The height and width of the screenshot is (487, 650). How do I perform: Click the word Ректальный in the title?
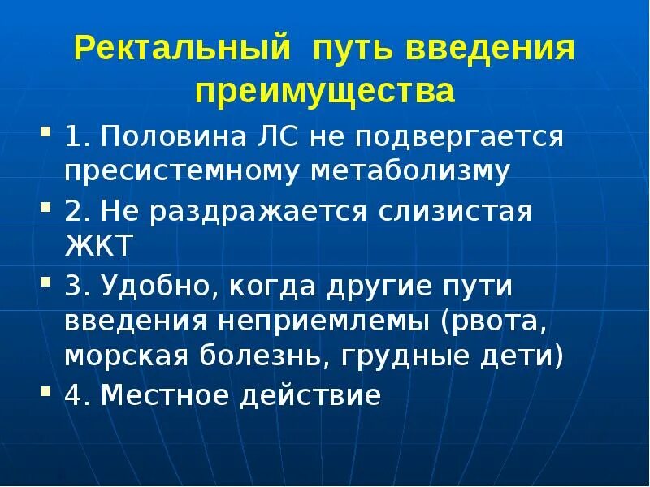tap(181, 50)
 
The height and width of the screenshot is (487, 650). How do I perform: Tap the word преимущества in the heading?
tap(324, 90)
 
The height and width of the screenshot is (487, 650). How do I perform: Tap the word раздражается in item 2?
tap(271, 213)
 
